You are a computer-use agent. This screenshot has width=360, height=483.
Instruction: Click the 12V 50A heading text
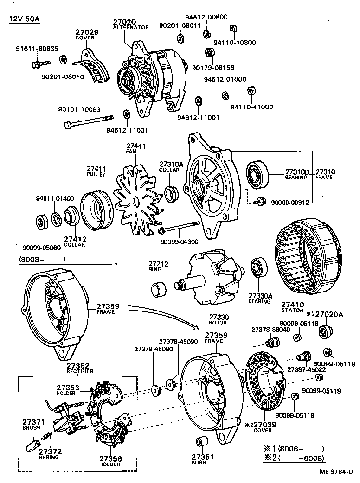click(23, 19)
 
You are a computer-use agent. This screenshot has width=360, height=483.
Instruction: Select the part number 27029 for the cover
click(87, 32)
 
